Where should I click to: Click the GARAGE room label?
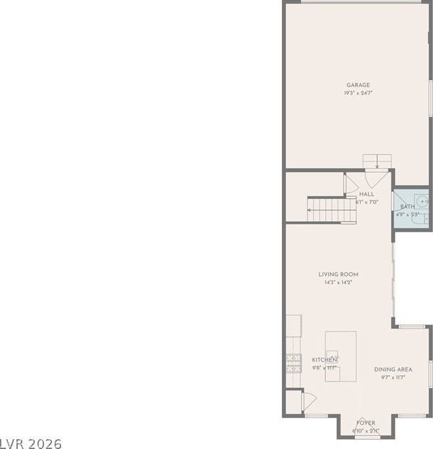click(358, 85)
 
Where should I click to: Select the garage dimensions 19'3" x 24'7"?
click(358, 93)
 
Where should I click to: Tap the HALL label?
click(367, 194)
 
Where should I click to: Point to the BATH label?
click(407, 207)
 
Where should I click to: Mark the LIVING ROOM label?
click(338, 274)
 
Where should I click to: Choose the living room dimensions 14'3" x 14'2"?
click(338, 283)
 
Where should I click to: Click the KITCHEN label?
click(324, 360)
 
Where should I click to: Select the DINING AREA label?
click(393, 370)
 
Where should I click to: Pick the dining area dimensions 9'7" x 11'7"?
click(393, 377)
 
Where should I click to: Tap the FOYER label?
click(366, 423)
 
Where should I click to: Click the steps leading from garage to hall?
click(377, 161)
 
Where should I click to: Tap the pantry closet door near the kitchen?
click(308, 399)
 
